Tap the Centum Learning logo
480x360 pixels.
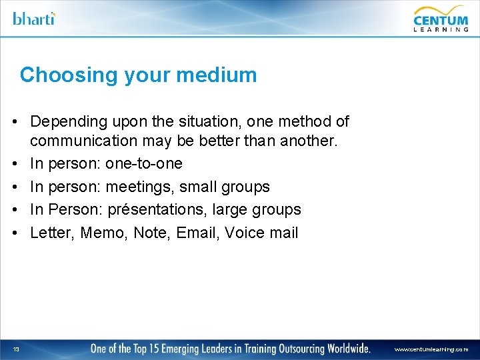[x=441, y=18]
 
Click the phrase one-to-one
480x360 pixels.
[x=143, y=164]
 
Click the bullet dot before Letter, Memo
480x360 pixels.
[x=13, y=233]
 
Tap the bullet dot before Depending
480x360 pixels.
[x=13, y=123]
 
